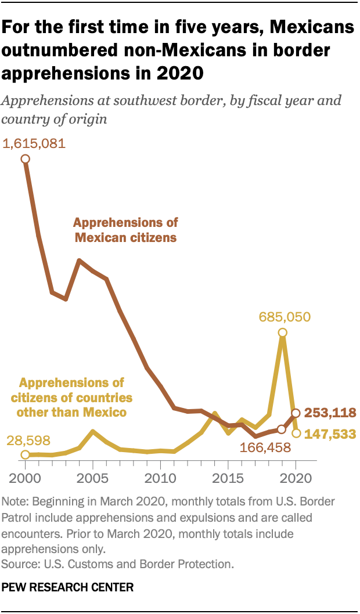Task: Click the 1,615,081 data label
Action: (x=34, y=143)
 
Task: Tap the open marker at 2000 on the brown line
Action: (x=26, y=158)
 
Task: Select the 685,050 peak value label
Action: (x=285, y=317)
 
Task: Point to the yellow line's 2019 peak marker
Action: (x=282, y=333)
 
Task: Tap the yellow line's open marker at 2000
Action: (x=26, y=455)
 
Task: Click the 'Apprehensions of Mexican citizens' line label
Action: (x=125, y=230)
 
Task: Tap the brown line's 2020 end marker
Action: (x=296, y=413)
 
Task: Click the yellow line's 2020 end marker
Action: (x=296, y=433)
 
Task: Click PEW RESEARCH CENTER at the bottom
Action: (x=68, y=587)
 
